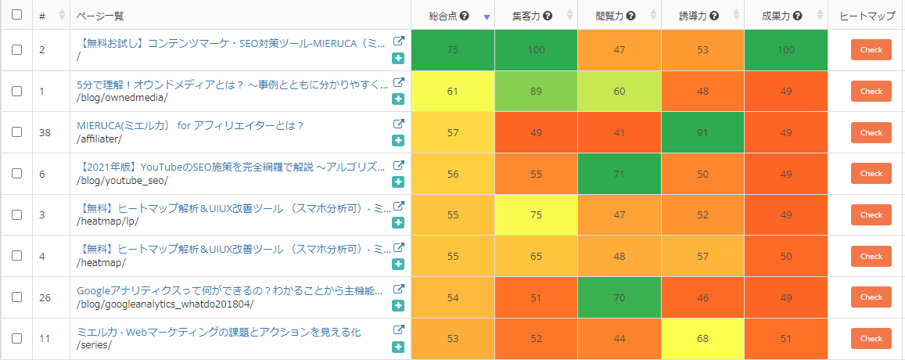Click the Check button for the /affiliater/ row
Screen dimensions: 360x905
pos(871,133)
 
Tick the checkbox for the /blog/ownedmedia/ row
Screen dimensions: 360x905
pos(17,91)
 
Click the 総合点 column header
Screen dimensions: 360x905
pos(444,16)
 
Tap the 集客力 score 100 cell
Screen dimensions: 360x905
pos(536,50)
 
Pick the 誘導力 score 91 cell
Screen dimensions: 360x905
pos(702,133)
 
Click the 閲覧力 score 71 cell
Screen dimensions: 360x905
pos(619,174)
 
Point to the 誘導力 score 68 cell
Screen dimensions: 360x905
pos(702,339)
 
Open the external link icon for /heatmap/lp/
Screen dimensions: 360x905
pos(398,207)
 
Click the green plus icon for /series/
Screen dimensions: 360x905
pos(398,347)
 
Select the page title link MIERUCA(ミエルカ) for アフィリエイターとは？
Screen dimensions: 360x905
pos(190,125)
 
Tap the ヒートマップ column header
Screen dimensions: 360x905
pos(866,16)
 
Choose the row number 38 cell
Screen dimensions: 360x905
pos(45,133)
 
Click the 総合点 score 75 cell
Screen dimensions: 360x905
pos(452,50)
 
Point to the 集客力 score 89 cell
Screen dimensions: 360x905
pos(536,91)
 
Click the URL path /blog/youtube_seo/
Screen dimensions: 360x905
pos(122,181)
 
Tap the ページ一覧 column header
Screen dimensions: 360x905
pos(100,16)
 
